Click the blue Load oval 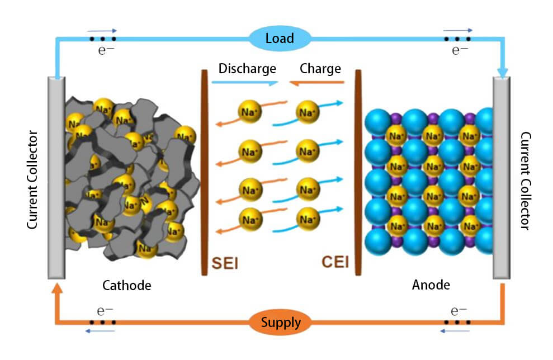(280, 39)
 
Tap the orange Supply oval (280, 323)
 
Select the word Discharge (247, 69)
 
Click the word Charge (320, 69)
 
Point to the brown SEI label (225, 263)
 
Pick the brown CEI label (335, 262)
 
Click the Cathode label (127, 285)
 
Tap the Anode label (431, 285)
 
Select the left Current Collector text (32, 180)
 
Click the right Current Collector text (525, 180)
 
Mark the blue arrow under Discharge (248, 82)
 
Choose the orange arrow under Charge (316, 82)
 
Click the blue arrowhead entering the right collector (502, 72)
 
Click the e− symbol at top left (105, 51)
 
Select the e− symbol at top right (460, 51)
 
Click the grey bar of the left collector (56, 178)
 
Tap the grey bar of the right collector (501, 178)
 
